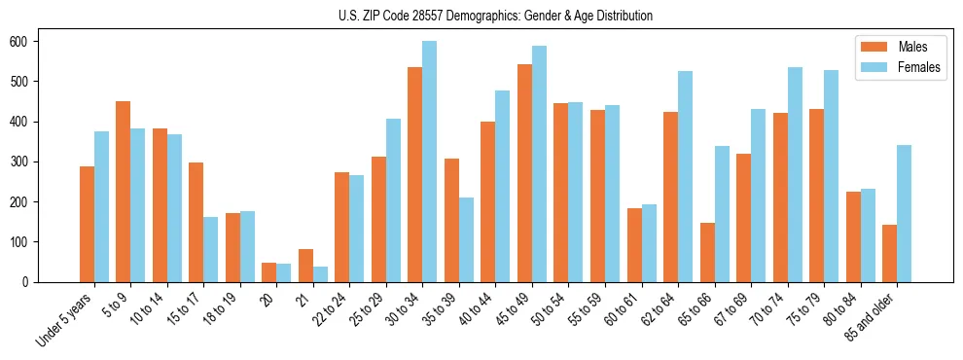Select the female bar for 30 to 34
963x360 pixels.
pyautogui.click(x=430, y=162)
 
